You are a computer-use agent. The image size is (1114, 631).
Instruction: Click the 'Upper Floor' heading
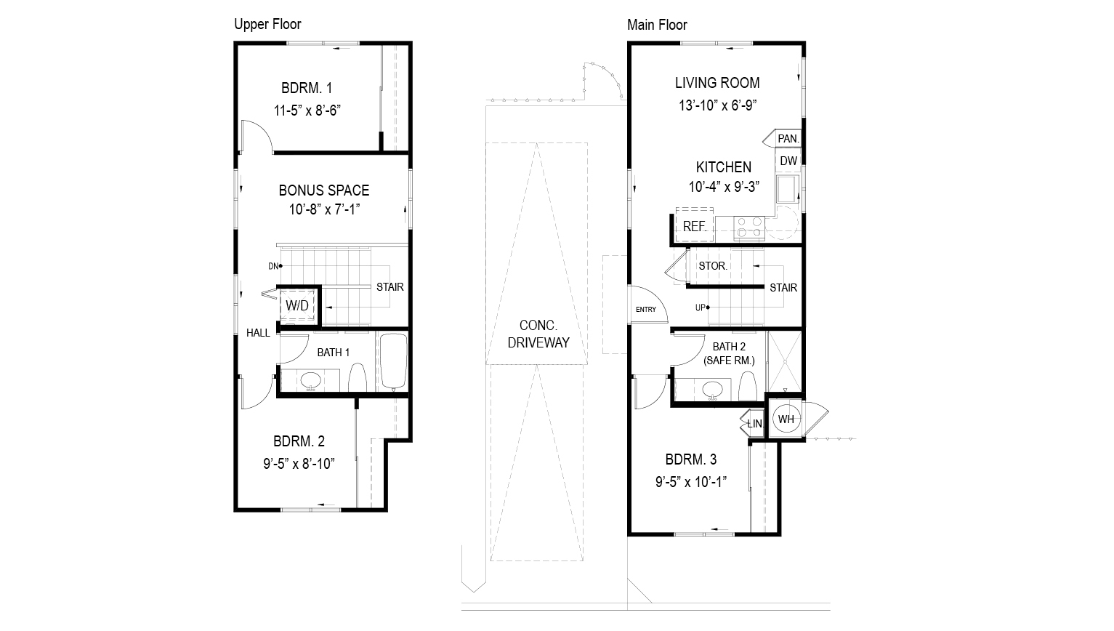(267, 24)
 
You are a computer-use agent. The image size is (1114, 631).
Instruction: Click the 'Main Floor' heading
(657, 25)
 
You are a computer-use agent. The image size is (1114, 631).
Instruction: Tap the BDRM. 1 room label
(307, 88)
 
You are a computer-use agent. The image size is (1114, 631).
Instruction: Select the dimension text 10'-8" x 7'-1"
(324, 209)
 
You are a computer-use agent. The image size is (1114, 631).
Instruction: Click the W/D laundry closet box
(297, 305)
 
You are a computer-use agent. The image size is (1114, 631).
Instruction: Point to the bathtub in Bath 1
(394, 362)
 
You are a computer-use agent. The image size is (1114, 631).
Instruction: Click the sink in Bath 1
(312, 380)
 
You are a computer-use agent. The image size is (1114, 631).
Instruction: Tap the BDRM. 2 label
(299, 441)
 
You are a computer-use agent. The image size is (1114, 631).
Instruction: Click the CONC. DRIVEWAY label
(538, 334)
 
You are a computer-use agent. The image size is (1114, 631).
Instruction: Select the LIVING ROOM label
(717, 83)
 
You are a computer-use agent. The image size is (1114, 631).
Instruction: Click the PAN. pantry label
(788, 138)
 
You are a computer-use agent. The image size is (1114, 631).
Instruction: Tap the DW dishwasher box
(788, 161)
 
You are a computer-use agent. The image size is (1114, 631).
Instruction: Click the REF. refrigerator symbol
(694, 225)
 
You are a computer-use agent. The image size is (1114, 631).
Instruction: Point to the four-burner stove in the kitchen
(749, 228)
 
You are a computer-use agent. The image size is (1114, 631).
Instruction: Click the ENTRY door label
(645, 310)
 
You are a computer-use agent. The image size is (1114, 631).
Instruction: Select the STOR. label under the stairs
(713, 266)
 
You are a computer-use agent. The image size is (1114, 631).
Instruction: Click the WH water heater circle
(786, 419)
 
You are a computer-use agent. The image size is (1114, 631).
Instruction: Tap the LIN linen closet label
(754, 423)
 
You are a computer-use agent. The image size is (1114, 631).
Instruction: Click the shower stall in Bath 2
(785, 361)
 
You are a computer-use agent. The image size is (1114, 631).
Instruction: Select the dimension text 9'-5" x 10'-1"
(691, 481)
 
